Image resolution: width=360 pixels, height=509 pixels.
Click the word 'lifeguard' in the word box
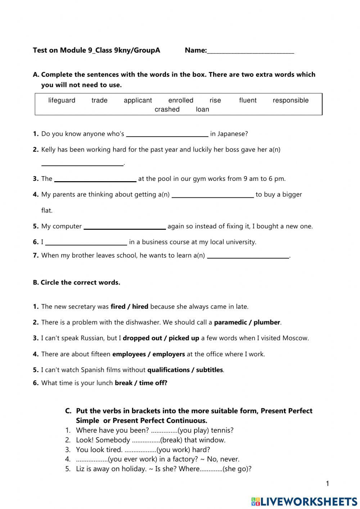click(x=62, y=101)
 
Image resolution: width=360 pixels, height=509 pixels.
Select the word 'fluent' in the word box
click(x=248, y=101)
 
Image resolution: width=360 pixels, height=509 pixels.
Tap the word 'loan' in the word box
click(x=202, y=110)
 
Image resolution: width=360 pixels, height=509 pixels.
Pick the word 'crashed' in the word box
click(x=167, y=110)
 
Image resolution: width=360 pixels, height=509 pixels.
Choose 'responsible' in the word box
click(x=291, y=101)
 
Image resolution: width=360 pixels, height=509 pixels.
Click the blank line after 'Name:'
click(x=251, y=51)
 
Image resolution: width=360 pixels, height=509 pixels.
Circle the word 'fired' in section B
click(x=118, y=307)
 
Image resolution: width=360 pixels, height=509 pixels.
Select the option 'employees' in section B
click(x=129, y=354)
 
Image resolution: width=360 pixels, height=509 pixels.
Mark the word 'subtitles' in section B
click(x=210, y=370)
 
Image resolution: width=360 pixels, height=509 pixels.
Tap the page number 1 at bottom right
click(x=327, y=484)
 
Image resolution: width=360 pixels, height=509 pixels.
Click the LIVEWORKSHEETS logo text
click(x=308, y=501)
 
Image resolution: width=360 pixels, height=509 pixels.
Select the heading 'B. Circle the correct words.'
click(x=76, y=283)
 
